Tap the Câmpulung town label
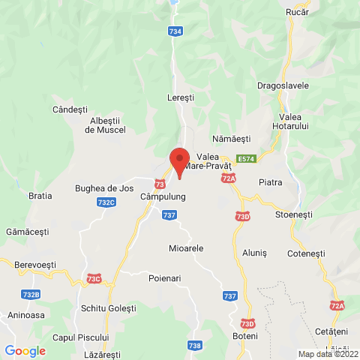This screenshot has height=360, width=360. [x=163, y=197]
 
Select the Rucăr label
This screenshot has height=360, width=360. [x=298, y=12]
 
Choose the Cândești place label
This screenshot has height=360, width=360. [x=70, y=109]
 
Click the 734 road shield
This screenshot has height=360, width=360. [x=175, y=31]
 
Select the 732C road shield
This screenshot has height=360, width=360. [x=106, y=202]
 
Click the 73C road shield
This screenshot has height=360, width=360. [x=94, y=279]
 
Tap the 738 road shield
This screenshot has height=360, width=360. [x=194, y=345]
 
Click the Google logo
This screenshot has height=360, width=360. [x=25, y=350]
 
